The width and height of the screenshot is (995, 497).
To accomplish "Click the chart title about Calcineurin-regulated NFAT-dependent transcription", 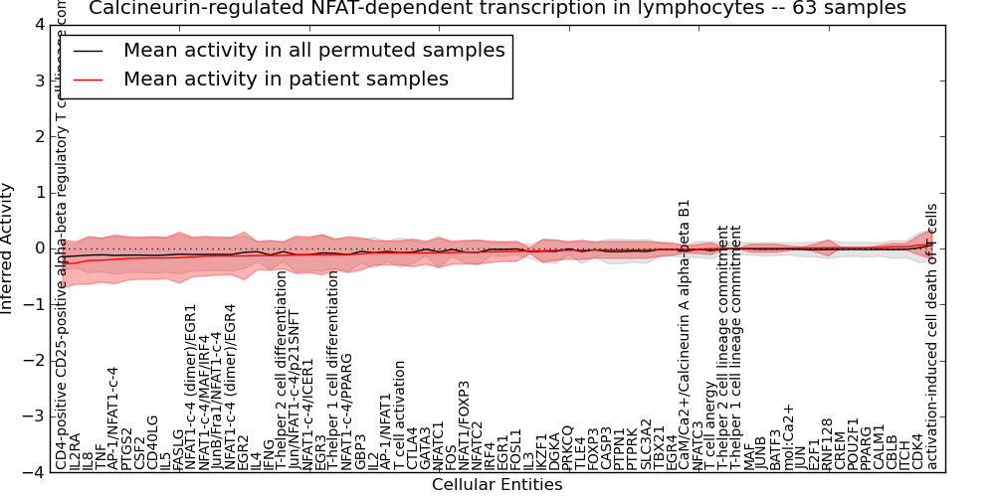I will coord(497,8).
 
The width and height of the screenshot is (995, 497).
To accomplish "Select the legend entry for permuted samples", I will coord(313,50).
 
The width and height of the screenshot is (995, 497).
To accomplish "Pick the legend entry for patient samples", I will coord(286,79).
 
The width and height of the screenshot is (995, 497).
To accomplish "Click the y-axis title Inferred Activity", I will coord(8,248).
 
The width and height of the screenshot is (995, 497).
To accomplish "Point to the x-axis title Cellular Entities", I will coord(497,485).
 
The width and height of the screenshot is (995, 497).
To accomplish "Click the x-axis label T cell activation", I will coord(398,416).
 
